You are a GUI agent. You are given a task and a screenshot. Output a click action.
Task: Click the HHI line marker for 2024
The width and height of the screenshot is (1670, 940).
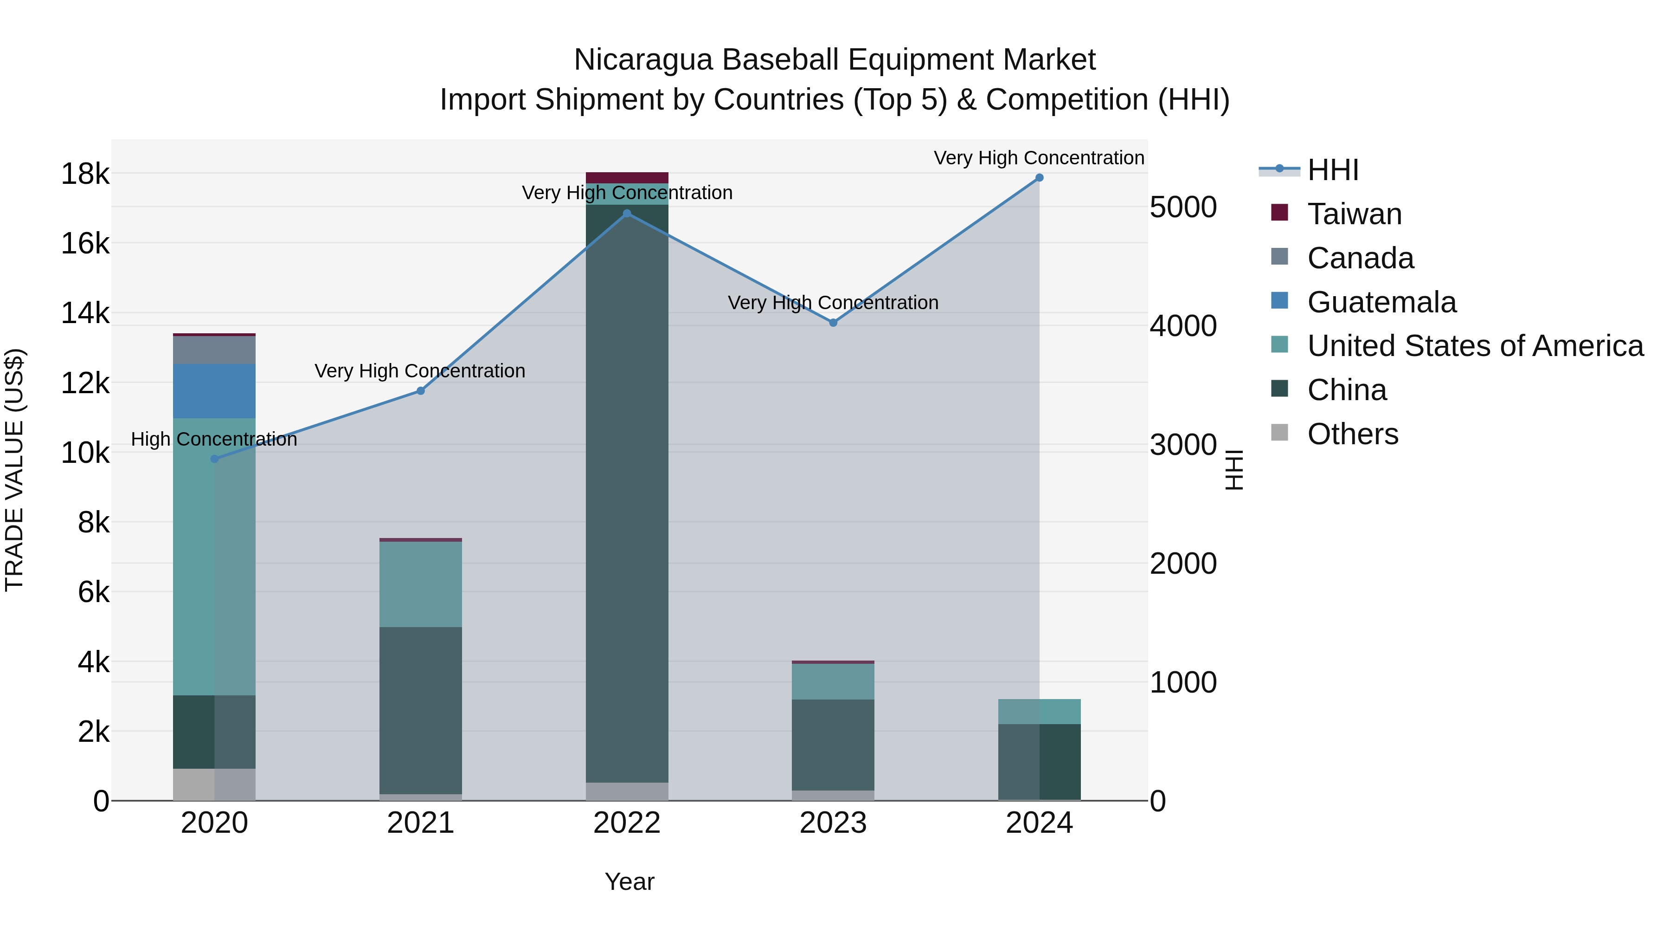point(1039,178)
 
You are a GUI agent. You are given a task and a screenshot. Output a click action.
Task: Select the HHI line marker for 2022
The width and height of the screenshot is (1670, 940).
point(627,214)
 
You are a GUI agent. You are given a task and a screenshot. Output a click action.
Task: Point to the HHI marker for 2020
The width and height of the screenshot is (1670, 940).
point(215,459)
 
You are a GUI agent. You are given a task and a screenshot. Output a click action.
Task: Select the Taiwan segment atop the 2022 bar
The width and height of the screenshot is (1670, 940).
point(627,178)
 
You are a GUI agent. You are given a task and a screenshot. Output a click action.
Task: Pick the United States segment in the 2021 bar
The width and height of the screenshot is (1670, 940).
point(421,584)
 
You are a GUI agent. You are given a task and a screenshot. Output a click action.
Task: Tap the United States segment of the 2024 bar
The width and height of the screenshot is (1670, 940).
point(1039,712)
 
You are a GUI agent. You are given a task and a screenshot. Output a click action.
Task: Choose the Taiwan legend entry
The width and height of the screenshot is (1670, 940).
point(1354,214)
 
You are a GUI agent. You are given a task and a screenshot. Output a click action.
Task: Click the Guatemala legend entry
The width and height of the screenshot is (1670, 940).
point(1381,302)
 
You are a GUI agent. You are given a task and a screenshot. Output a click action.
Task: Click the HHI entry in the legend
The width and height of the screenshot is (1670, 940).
point(1333,170)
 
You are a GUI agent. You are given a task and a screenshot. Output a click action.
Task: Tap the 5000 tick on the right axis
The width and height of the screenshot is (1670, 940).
point(1183,207)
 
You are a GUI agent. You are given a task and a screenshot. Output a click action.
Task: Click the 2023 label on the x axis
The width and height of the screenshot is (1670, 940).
point(833,823)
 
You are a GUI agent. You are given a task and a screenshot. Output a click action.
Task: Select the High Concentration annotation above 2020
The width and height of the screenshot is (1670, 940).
point(214,439)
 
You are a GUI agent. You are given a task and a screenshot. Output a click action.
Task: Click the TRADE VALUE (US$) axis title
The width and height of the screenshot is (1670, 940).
point(14,470)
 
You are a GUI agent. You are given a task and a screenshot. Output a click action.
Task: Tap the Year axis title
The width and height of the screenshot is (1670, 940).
point(629,882)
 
